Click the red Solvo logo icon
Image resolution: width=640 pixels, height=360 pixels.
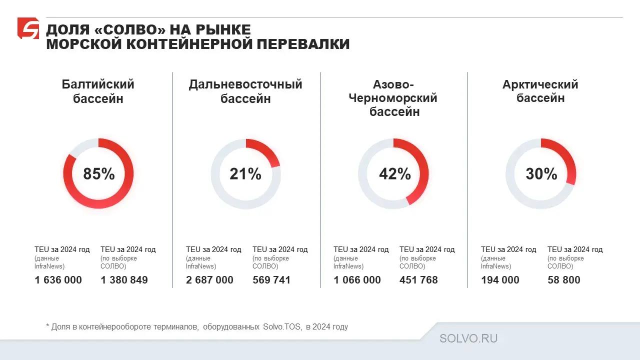click(28, 28)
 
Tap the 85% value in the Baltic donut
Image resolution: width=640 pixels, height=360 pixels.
click(99, 174)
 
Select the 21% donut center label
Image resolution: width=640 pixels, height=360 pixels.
click(245, 174)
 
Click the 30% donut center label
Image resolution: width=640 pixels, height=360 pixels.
click(541, 174)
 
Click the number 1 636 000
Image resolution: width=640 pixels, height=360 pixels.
click(58, 280)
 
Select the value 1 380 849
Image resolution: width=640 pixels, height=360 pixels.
click(124, 280)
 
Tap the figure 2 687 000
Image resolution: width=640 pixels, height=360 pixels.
click(209, 280)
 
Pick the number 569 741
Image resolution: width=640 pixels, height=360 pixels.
click(271, 280)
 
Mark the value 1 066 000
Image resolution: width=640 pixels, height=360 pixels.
click(357, 280)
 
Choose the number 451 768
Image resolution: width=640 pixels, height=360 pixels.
click(418, 280)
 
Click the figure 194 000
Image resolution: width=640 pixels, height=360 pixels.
click(500, 280)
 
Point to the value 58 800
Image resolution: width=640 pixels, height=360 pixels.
click(564, 280)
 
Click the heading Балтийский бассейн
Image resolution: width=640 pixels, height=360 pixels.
click(98, 91)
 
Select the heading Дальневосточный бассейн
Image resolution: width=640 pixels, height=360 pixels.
click(245, 91)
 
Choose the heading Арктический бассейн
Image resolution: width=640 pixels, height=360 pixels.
click(540, 91)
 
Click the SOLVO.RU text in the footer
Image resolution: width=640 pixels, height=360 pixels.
click(468, 338)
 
